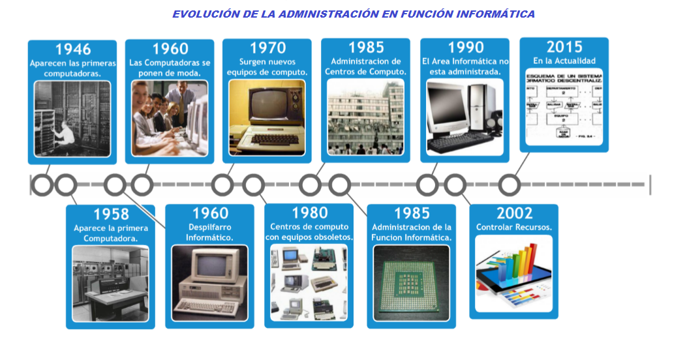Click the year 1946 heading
pyautogui.click(x=72, y=49)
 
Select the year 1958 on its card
pyautogui.click(x=111, y=214)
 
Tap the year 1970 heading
pyautogui.click(x=267, y=48)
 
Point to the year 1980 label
pyautogui.click(x=309, y=213)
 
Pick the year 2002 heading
pyautogui.click(x=514, y=213)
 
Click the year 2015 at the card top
pyautogui.click(x=564, y=47)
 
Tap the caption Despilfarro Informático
pyautogui.click(x=209, y=232)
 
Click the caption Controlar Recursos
pyautogui.click(x=514, y=228)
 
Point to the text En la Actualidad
pyautogui.click(x=564, y=61)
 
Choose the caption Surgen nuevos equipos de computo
pyautogui.click(x=267, y=67)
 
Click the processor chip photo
pyautogui.click(x=411, y=282)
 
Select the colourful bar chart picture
pyautogui.click(x=513, y=273)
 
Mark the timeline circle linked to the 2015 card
pyautogui.click(x=510, y=185)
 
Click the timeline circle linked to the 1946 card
pyautogui.click(x=42, y=185)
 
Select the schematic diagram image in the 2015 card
pyautogui.click(x=564, y=108)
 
